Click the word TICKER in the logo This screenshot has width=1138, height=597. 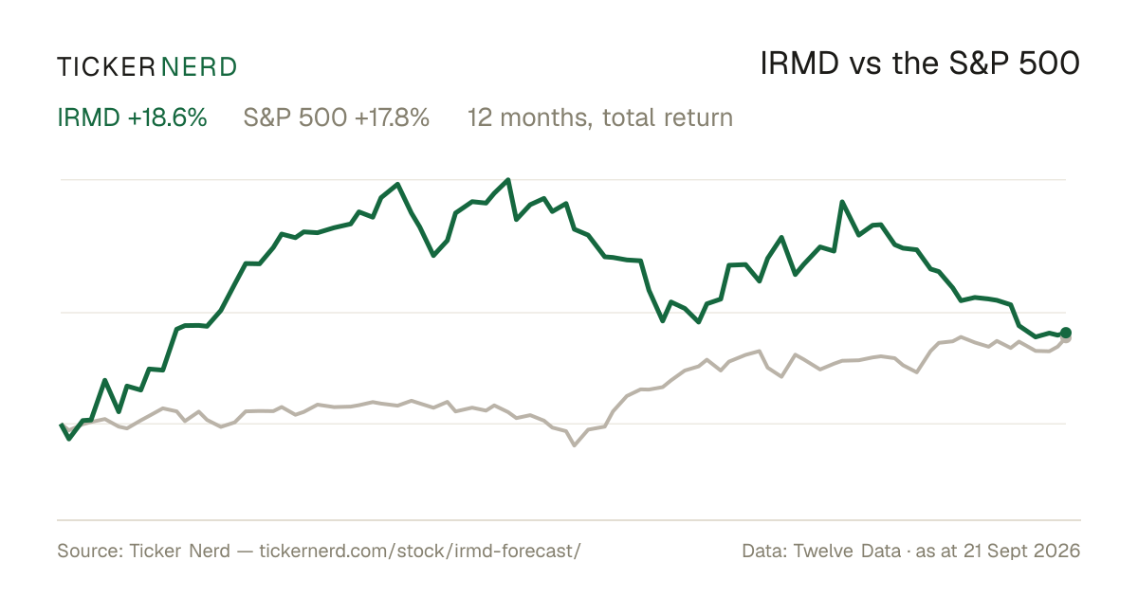pos(105,67)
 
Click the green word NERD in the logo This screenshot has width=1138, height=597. pos(198,67)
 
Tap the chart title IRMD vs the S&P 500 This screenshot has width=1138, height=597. pos(920,63)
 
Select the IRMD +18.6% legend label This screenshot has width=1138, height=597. pos(132,118)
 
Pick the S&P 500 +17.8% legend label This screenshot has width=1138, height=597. pos(337,118)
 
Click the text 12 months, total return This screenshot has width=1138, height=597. pos(600,118)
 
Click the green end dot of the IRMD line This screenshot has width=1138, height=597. pos(1065,333)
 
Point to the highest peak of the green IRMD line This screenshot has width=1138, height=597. pos(508,180)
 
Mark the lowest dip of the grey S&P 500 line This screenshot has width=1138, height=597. pos(574,445)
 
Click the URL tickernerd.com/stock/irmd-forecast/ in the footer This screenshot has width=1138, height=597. pos(419,551)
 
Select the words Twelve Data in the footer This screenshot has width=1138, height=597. pos(847,551)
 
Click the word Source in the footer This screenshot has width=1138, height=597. pos(88,551)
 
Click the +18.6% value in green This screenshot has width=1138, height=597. pos(167,118)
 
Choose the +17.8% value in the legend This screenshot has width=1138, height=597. pos(392,118)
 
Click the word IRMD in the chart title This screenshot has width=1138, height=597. pos(799,63)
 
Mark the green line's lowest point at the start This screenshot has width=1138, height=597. pos(69,439)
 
